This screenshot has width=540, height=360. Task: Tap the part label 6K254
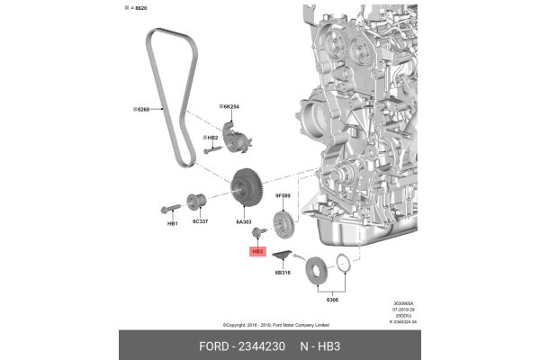[x=231, y=106]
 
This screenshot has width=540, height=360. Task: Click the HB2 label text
[x=212, y=137]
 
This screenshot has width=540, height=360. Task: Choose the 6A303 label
[x=244, y=220]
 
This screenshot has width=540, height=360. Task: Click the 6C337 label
[x=199, y=220]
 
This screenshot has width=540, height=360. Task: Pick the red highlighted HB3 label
[x=256, y=252]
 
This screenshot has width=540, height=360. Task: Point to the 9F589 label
[x=283, y=193]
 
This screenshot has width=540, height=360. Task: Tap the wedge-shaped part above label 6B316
[x=283, y=257]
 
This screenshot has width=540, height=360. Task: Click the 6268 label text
[x=142, y=110]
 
